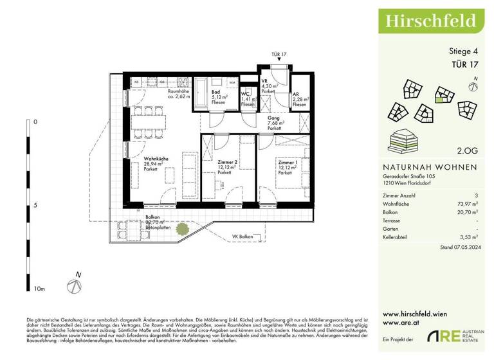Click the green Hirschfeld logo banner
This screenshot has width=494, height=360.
[x=430, y=21]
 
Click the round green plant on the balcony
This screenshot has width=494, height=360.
[x=184, y=228]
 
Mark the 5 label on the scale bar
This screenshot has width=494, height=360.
[x=35, y=206]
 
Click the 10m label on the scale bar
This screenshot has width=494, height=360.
[x=39, y=290]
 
